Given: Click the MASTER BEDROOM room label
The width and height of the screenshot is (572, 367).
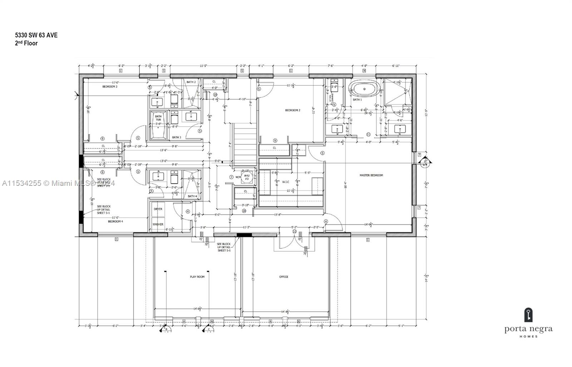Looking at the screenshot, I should coord(371,175).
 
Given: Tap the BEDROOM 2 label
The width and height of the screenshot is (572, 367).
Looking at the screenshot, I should coord(292,110).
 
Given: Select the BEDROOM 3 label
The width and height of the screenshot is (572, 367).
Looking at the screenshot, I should coord(110,86).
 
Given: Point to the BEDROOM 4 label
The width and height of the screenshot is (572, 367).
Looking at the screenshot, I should coord(115,221).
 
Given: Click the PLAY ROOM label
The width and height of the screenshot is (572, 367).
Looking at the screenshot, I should coord(197,277).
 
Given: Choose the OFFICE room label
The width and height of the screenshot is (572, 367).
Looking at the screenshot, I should coord(283,277).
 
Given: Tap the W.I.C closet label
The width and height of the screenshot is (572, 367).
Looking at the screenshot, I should coord(285,182).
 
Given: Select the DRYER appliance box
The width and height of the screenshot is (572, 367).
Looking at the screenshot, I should coord(158,209).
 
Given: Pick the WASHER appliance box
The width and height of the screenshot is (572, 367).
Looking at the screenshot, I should coord(158,224).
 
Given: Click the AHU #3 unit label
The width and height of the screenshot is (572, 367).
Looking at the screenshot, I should coord(247,177).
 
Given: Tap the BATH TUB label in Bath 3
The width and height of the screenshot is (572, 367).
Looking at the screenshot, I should coord(158,118).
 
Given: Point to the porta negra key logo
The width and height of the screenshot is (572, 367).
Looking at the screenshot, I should coord(528,315).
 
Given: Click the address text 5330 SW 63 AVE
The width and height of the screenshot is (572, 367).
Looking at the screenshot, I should coord(36,35).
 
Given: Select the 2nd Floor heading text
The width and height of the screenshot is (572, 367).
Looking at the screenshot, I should coord(26,43).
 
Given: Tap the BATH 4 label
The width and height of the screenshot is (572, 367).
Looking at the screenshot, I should coord(192,196).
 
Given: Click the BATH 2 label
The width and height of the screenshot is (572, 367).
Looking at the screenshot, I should coord(191,82).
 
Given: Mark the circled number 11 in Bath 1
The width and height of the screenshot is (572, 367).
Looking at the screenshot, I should coord(369,134).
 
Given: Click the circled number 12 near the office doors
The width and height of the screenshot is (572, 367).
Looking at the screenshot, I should coord(295,232).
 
